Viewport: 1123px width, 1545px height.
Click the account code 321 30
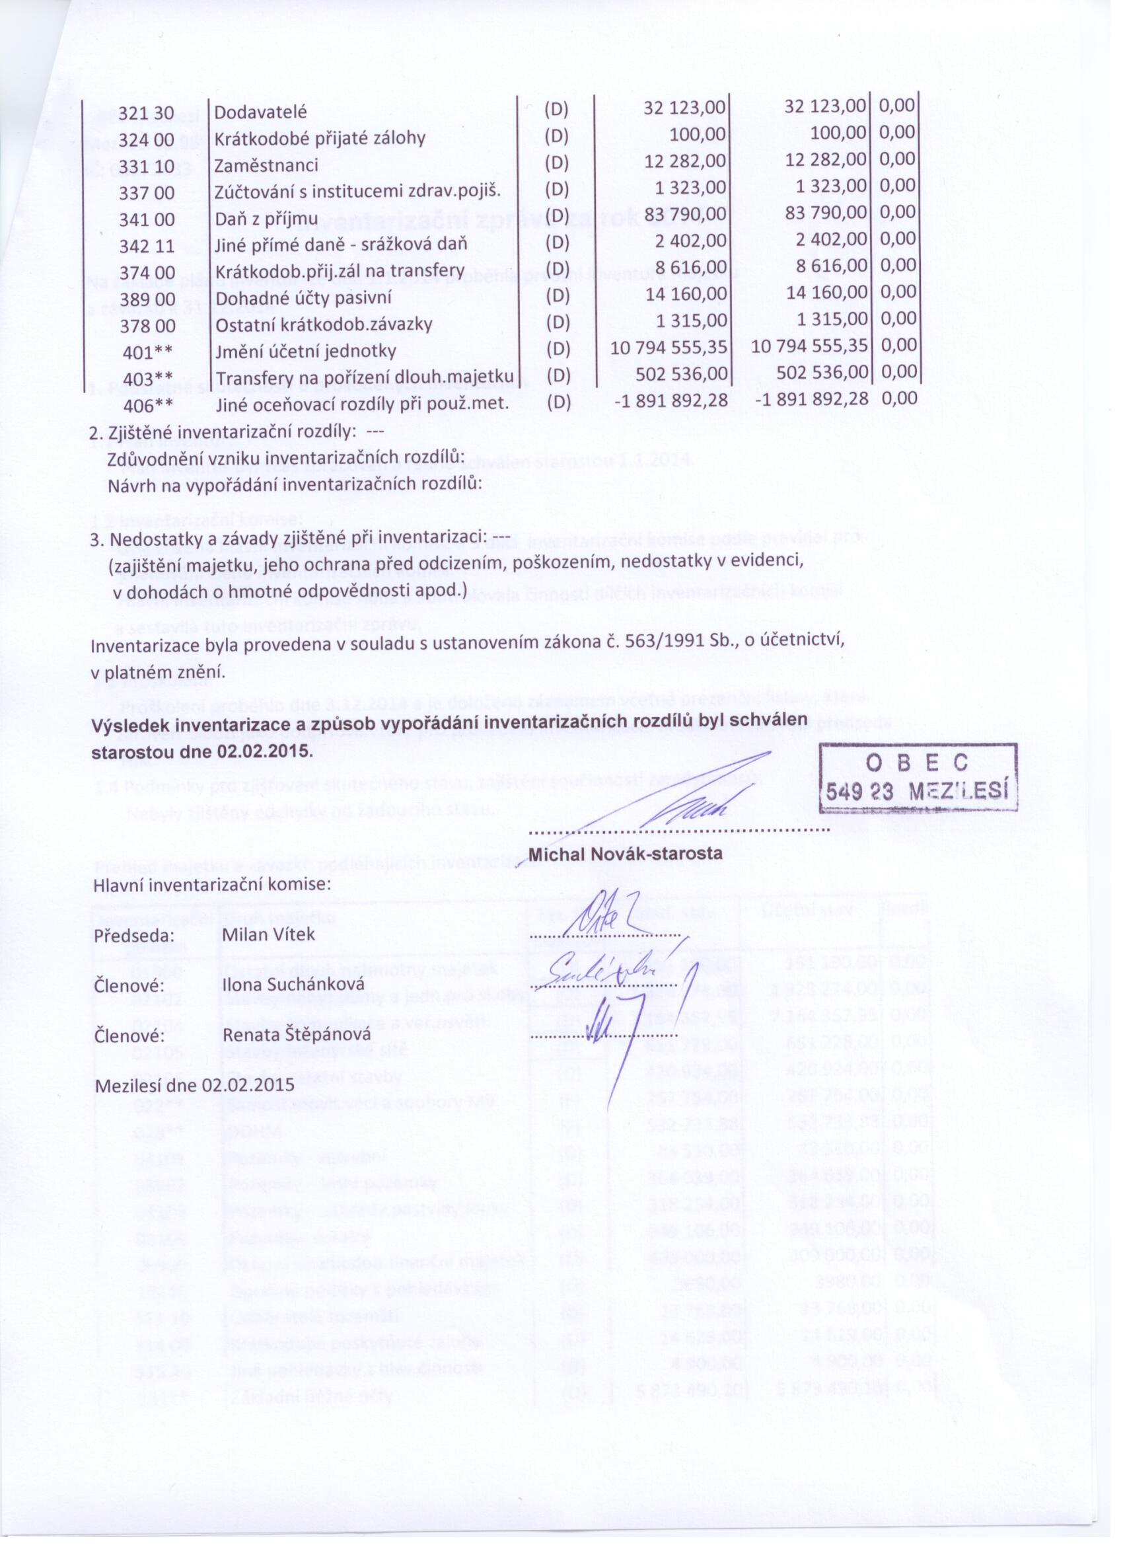pyautogui.click(x=147, y=113)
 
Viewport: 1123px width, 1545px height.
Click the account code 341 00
pyautogui.click(x=147, y=220)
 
